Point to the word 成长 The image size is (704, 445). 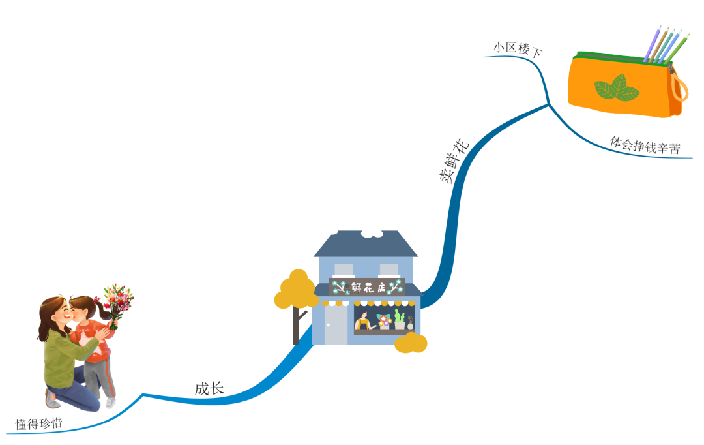pos(209,388)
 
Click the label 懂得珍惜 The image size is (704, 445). pos(39,423)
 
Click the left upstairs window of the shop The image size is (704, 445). pos(344,269)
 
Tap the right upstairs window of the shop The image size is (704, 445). pos(389,269)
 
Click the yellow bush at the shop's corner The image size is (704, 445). pos(411,343)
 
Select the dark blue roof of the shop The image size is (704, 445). pos(366,244)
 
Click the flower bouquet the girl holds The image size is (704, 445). pos(117,301)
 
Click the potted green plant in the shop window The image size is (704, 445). pos(399,320)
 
